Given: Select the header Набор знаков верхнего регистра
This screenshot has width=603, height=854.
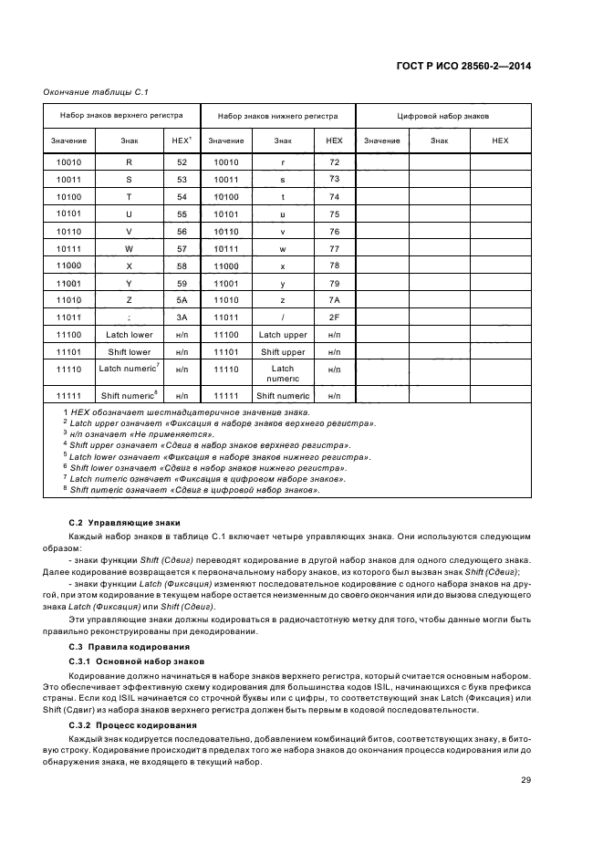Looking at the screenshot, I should pos(121,116).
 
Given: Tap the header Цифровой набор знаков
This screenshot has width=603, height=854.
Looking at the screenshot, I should pos(442,117).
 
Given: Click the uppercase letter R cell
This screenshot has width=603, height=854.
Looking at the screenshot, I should pos(129,162).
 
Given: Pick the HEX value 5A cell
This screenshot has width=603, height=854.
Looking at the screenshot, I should pos(181,300).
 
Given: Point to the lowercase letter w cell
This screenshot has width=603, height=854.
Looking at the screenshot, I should pos(283,248).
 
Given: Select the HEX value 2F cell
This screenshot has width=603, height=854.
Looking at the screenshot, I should pos(334,318).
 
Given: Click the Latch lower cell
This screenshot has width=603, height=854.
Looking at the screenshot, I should pos(129,335).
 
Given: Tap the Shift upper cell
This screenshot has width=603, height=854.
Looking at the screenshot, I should pos(283,352).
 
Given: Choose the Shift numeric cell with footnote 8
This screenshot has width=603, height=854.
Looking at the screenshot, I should pos(129,396).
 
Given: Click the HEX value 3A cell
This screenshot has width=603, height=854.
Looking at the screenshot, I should pos(181,318).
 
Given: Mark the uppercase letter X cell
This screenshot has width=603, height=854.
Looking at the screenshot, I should pos(129,266).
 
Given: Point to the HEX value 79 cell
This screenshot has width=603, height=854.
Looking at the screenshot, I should pos(334,283).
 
